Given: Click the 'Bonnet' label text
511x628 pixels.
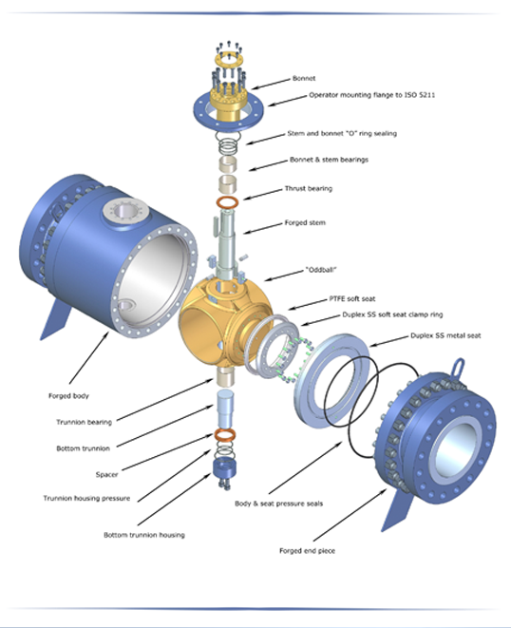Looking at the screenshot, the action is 304,78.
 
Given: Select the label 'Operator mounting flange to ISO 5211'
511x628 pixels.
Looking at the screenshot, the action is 371,95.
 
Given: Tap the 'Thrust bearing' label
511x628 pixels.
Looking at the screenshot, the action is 309,188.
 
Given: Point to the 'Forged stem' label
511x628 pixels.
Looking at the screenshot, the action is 305,222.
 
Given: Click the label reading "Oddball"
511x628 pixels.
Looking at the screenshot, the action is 321,270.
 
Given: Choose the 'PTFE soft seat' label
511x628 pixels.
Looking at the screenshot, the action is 352,298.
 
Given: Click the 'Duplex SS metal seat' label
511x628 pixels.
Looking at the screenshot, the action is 445,335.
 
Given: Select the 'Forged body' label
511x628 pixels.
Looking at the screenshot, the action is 68,395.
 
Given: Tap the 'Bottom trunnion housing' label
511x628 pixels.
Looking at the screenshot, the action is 144,535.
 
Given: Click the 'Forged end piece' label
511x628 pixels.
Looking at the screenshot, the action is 307,551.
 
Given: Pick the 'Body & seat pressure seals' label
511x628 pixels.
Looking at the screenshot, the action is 278,504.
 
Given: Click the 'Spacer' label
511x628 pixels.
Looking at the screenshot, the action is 106,475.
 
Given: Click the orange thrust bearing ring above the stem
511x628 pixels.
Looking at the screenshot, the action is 227,202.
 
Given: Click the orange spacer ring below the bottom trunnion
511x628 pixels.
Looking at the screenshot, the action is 225,434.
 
